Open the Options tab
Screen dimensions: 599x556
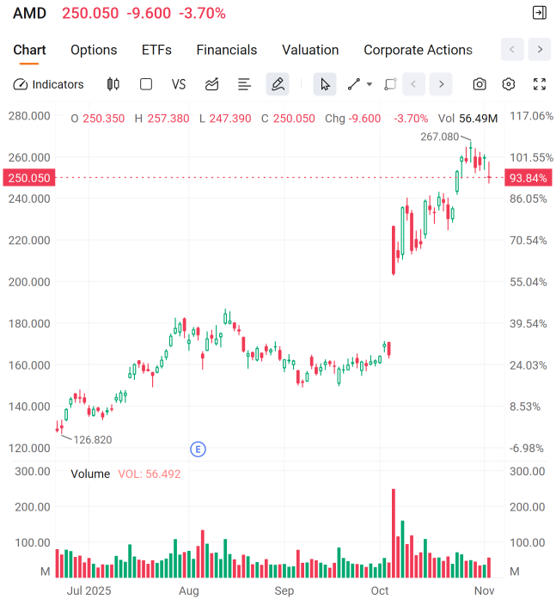tap(94, 50)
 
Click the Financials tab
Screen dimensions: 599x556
tap(227, 50)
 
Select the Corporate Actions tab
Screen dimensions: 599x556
tap(418, 50)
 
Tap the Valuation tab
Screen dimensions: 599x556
tap(310, 50)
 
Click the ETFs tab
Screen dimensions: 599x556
tap(156, 50)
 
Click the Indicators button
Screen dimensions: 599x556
tap(49, 84)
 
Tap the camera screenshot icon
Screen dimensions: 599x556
tap(480, 84)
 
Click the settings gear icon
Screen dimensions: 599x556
tap(509, 84)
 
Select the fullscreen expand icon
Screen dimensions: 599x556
tap(540, 84)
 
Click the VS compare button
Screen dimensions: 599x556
tap(179, 84)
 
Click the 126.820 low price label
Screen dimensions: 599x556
tap(93, 439)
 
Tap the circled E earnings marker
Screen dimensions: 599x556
tap(198, 449)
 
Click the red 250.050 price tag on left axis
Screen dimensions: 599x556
tap(28, 178)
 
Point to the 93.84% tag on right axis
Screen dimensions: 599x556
tap(528, 178)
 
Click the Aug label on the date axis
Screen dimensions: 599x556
tap(189, 591)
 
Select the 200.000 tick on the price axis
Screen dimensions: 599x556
tap(28, 282)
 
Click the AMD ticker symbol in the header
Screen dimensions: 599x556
tap(29, 13)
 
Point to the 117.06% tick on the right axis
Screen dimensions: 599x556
tap(531, 116)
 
